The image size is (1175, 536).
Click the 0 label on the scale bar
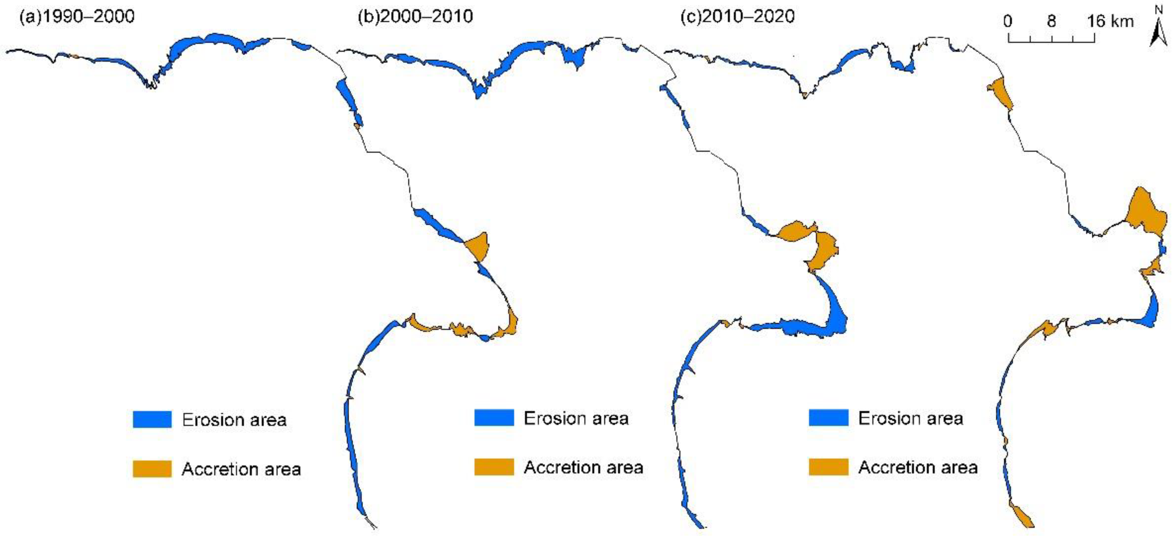(x=1008, y=21)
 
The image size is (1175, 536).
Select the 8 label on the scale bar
(x=1051, y=21)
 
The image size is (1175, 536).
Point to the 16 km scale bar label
(x=1110, y=21)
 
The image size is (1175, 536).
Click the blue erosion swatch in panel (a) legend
(x=152, y=419)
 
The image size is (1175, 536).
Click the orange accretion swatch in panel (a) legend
(x=152, y=469)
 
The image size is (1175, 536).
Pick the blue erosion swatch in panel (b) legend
(x=494, y=417)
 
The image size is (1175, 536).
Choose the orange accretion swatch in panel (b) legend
(x=494, y=467)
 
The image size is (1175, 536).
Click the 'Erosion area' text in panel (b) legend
(x=576, y=418)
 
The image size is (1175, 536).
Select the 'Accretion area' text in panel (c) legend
(x=918, y=467)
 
